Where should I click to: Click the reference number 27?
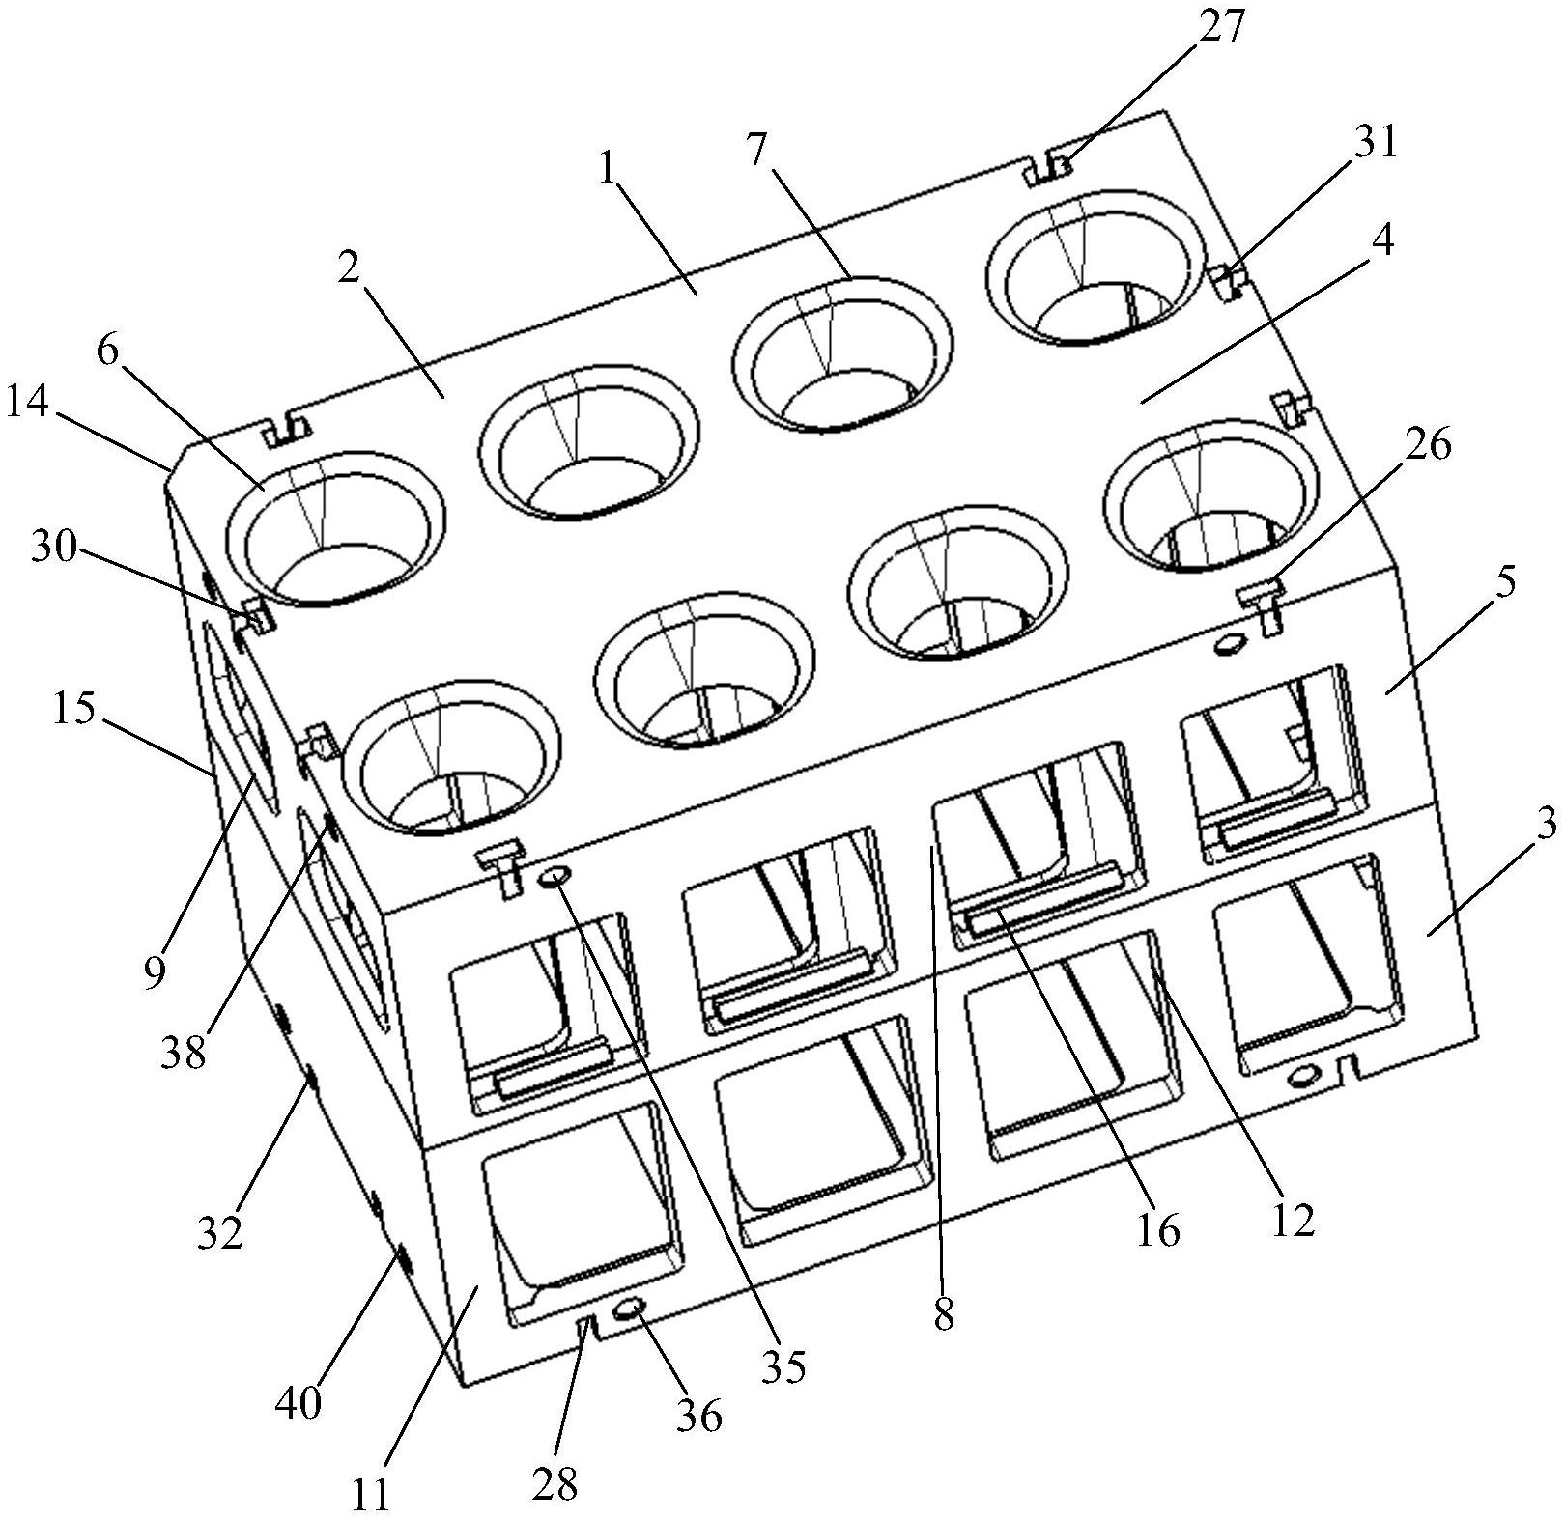point(1225,28)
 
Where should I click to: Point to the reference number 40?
point(298,1402)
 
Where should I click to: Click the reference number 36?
point(698,1415)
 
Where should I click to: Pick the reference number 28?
point(554,1483)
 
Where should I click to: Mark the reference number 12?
point(1293,1221)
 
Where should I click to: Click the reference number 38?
point(184,1053)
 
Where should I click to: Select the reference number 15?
point(74,710)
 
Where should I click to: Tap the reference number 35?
point(782,1366)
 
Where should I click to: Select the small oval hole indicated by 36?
point(629,1308)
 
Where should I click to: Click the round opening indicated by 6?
point(335,527)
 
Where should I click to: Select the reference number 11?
point(369,1494)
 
